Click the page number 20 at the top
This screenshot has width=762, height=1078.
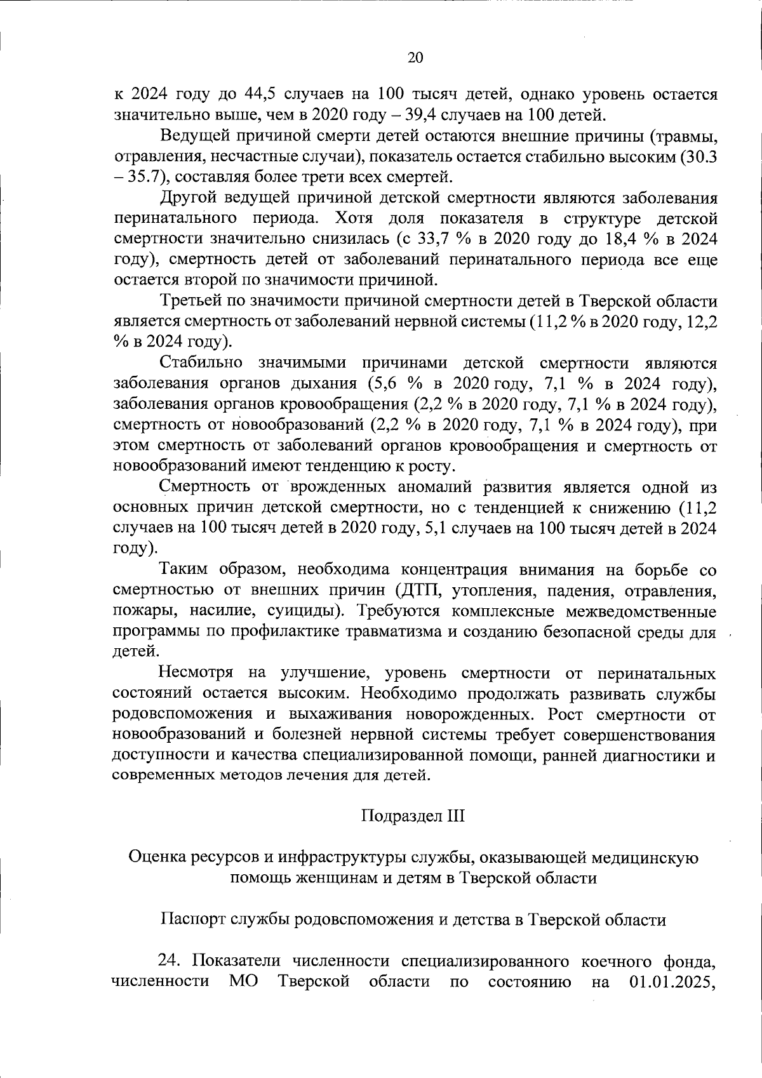pos(413,58)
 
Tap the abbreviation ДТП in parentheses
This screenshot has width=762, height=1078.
pos(423,590)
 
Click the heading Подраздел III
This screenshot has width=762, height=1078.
pos(413,815)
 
